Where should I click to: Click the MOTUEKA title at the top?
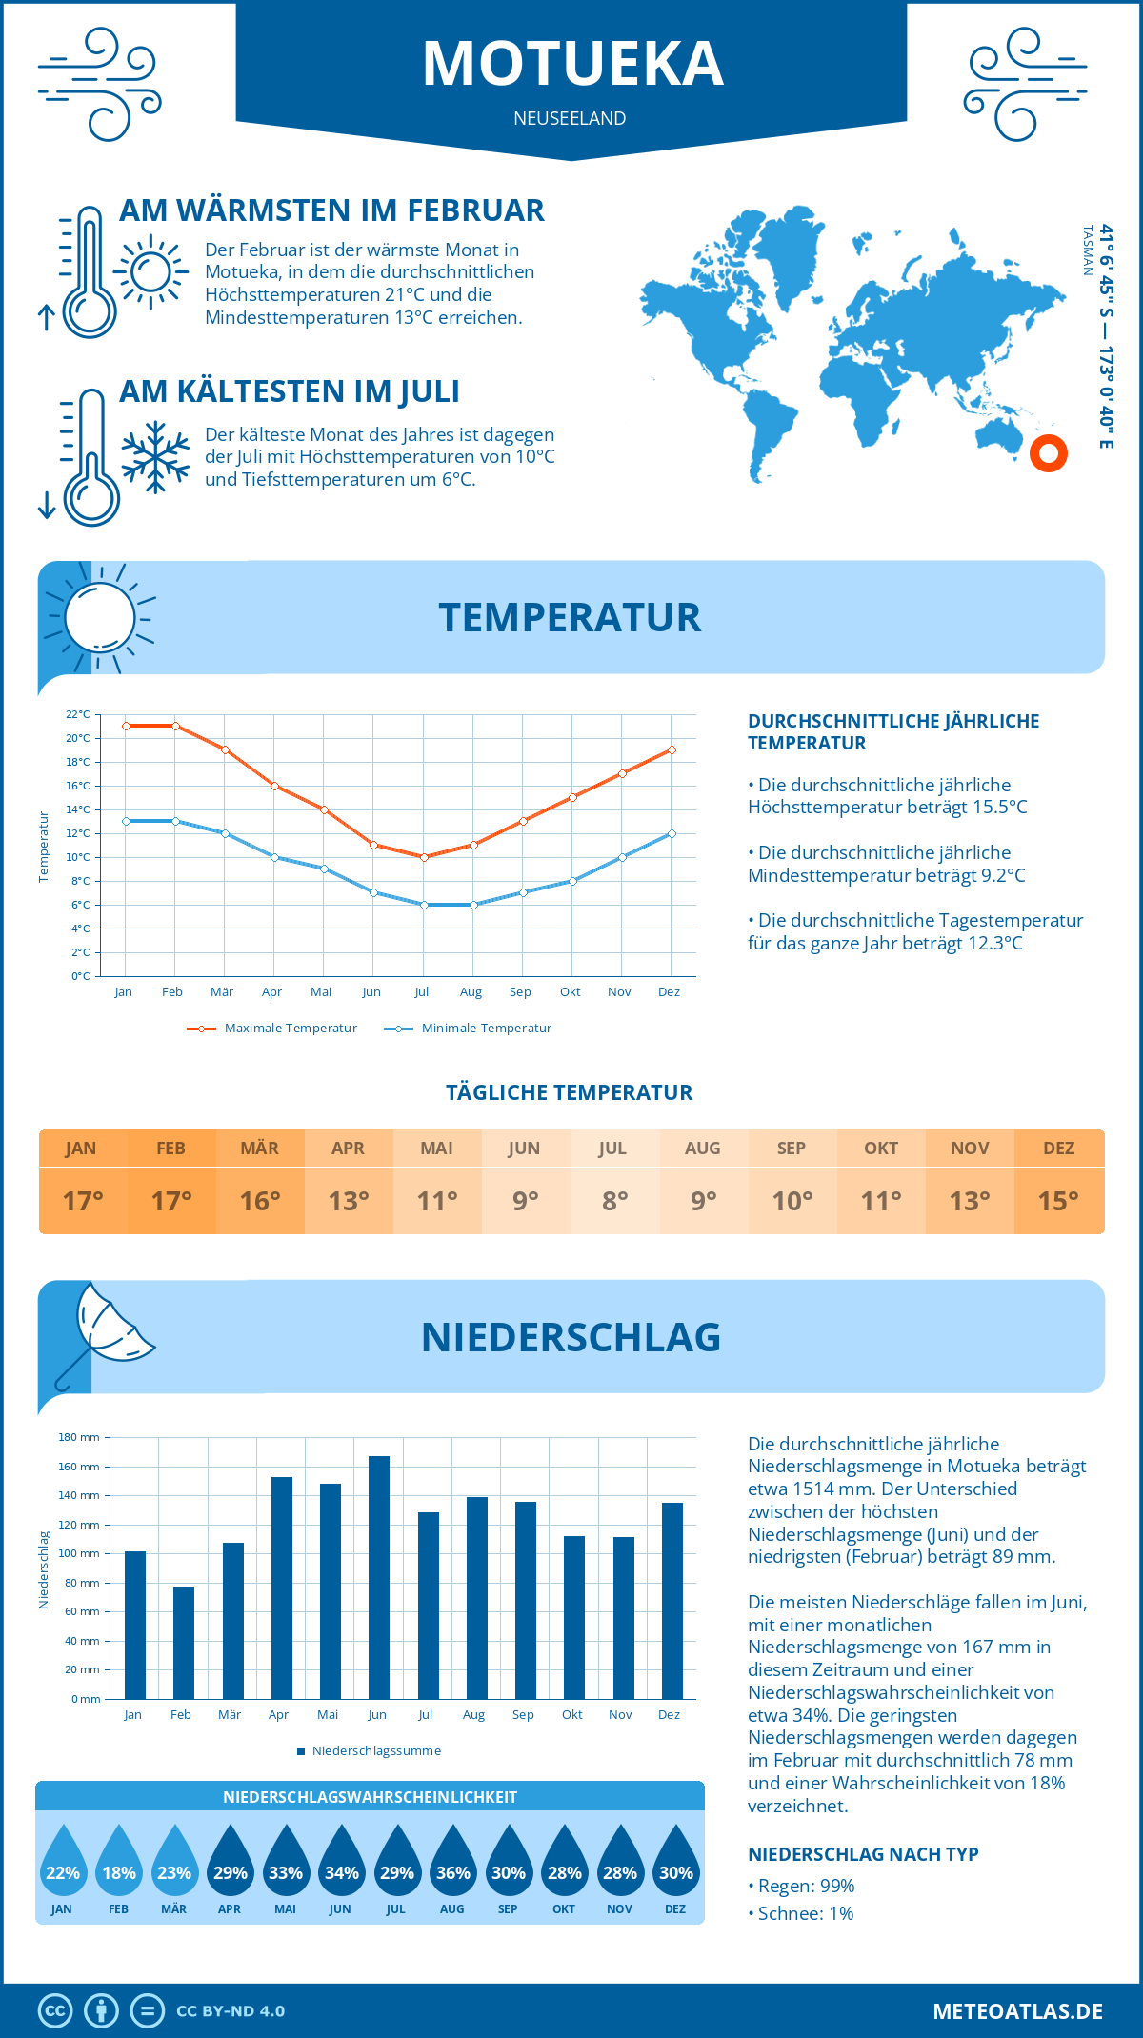click(572, 64)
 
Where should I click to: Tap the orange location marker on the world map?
click(1048, 453)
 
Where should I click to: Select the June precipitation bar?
click(379, 1577)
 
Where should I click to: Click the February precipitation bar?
click(184, 1642)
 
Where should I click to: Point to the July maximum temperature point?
click(424, 857)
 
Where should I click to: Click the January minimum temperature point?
click(126, 821)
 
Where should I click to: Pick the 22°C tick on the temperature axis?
click(78, 714)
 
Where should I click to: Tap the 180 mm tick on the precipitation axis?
click(80, 1437)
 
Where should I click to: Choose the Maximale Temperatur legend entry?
click(272, 1029)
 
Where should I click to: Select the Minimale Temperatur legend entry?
click(469, 1029)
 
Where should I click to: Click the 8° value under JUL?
click(614, 1201)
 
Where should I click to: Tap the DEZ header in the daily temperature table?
click(1058, 1149)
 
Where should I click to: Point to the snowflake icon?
click(155, 457)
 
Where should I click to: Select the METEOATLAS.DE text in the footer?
click(1017, 2011)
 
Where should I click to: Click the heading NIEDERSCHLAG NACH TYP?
click(863, 1854)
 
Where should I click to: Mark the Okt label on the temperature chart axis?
click(570, 992)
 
